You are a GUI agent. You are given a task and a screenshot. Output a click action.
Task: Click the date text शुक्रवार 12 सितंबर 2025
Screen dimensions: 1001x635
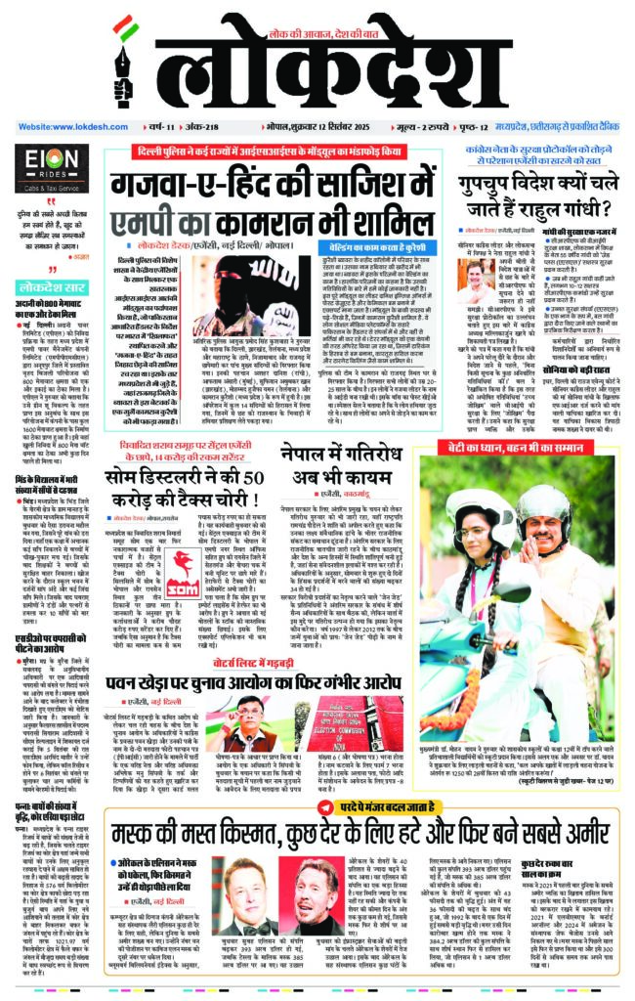coord(348,127)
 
